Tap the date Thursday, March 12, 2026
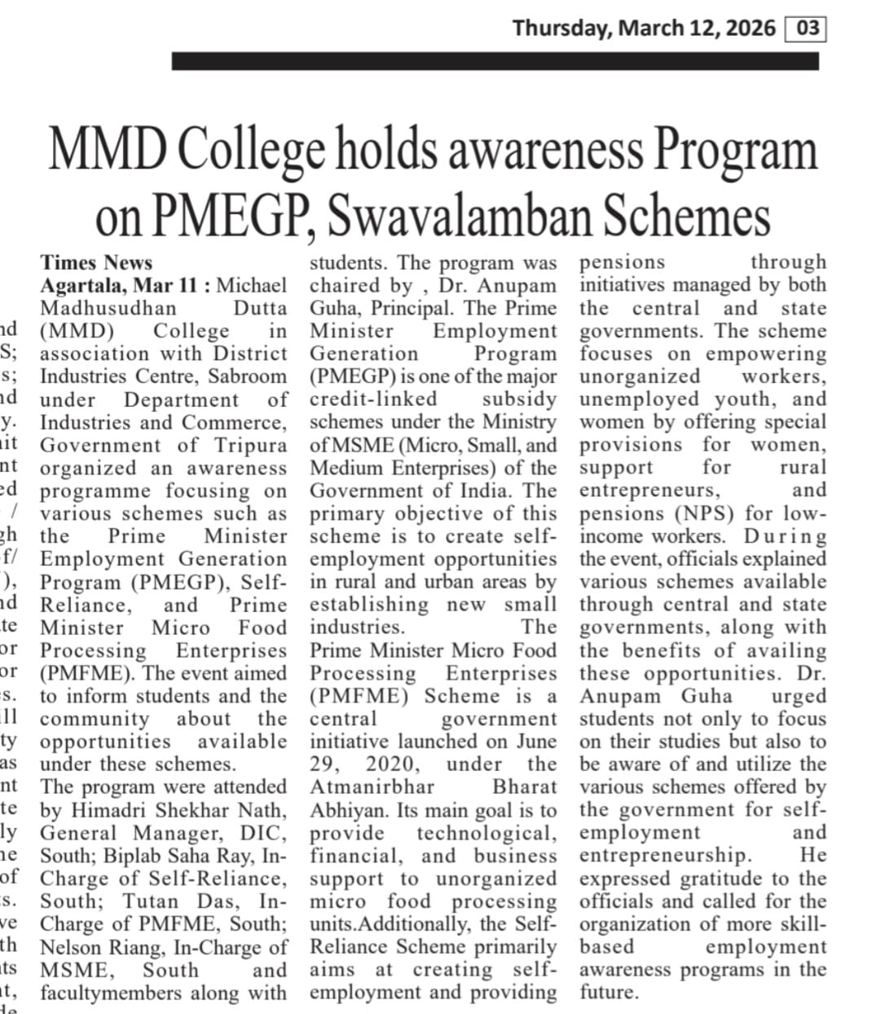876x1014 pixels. click(x=644, y=29)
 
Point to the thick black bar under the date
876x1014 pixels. click(x=495, y=61)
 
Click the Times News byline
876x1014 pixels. click(x=96, y=262)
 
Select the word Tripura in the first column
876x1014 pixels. click(x=251, y=445)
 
